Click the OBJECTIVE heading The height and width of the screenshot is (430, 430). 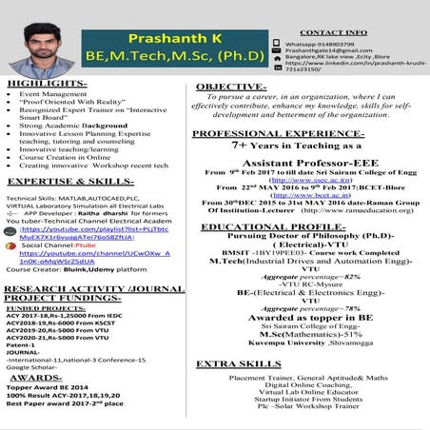click(x=237, y=87)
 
